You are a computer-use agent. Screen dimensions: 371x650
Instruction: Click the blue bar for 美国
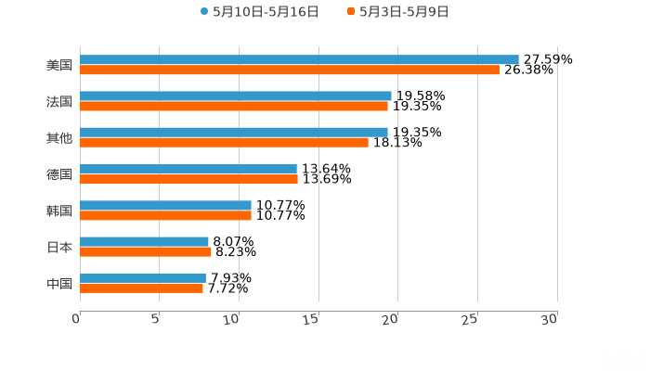pyautogui.click(x=299, y=59)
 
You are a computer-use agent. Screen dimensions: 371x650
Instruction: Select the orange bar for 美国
pyautogui.click(x=290, y=70)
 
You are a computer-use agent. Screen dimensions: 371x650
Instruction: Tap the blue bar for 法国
pyautogui.click(x=236, y=96)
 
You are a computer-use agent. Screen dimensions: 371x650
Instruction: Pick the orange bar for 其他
pyautogui.click(x=224, y=142)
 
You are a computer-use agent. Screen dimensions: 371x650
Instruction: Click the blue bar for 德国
pyautogui.click(x=188, y=169)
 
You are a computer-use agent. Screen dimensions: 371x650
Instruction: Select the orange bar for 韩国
pyautogui.click(x=165, y=215)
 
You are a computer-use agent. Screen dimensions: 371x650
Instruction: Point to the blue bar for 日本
pyautogui.click(x=144, y=241)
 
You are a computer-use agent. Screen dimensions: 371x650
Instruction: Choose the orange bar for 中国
pyautogui.click(x=141, y=288)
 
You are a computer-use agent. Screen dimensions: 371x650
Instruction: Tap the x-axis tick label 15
pyautogui.click(x=313, y=319)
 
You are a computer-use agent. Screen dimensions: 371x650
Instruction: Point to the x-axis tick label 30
pyautogui.click(x=550, y=319)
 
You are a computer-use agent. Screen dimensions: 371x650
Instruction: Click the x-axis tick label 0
pyautogui.click(x=77, y=319)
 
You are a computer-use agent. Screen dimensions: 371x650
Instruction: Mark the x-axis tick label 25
pyautogui.click(x=471, y=319)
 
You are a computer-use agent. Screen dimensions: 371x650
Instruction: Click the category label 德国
pyautogui.click(x=59, y=174)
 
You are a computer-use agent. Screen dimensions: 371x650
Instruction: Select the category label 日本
pyautogui.click(x=59, y=247)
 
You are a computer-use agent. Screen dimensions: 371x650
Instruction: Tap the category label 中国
pyautogui.click(x=59, y=283)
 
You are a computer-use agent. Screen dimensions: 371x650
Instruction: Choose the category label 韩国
pyautogui.click(x=59, y=211)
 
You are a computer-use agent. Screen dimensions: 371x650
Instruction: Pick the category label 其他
pyautogui.click(x=59, y=137)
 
